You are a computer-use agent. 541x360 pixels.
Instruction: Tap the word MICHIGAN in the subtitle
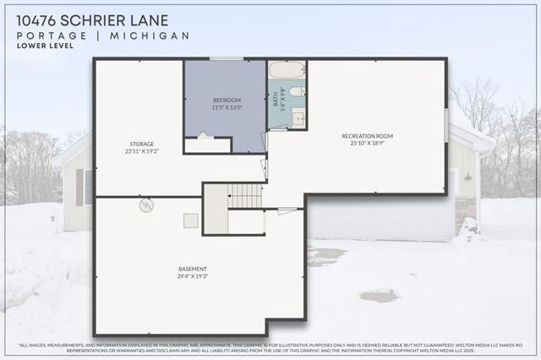pyautogui.click(x=159, y=35)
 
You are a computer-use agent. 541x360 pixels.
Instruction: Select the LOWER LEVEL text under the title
pyautogui.click(x=44, y=46)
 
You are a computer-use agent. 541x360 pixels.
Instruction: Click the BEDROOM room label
pyautogui.click(x=226, y=101)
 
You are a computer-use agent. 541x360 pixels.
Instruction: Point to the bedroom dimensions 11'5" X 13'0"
pyautogui.click(x=226, y=108)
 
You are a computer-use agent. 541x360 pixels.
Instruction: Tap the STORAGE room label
pyautogui.click(x=141, y=144)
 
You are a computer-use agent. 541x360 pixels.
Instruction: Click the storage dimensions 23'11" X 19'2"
pyautogui.click(x=141, y=151)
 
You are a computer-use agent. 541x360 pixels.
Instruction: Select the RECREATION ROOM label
pyautogui.click(x=367, y=136)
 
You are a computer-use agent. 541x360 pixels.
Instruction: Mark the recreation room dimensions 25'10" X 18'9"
pyautogui.click(x=367, y=144)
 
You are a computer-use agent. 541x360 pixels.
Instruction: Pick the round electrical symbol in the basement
pyautogui.click(x=145, y=205)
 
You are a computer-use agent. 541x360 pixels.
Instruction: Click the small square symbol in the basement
pyautogui.click(x=191, y=221)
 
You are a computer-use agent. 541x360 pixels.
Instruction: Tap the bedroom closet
pyautogui.click(x=207, y=145)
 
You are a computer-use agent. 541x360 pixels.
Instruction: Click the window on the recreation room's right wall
pyautogui.click(x=446, y=125)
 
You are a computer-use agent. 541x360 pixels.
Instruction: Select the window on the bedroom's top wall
pyautogui.click(x=226, y=58)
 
